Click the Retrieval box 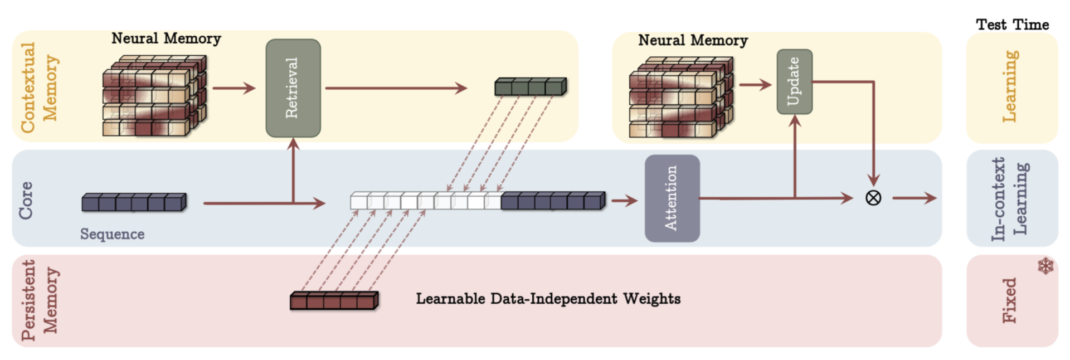click(293, 88)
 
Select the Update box click(794, 81)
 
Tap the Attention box click(672, 198)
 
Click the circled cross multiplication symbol click(873, 198)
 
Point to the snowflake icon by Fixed click(1045, 266)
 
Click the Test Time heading click(1012, 25)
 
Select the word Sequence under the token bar click(112, 234)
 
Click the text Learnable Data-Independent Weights click(548, 299)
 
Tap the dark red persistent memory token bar click(334, 301)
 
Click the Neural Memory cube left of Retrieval click(154, 95)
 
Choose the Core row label click(26, 200)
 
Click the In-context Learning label click(1009, 199)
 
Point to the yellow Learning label click(1010, 86)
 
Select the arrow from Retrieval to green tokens click(396, 88)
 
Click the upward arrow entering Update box click(795, 156)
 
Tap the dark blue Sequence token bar click(134, 202)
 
